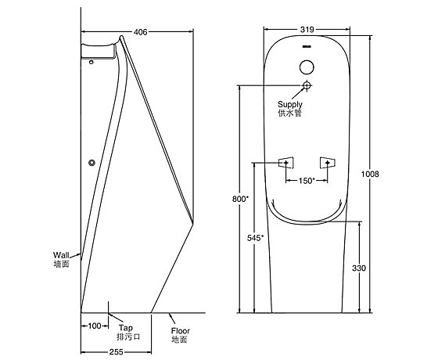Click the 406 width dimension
[x=140, y=32]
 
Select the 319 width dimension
[x=307, y=30]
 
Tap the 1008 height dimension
[x=370, y=174]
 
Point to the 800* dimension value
[x=240, y=199]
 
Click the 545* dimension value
[x=255, y=238]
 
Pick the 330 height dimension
[x=359, y=268]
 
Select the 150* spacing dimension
[x=307, y=181]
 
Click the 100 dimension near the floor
[x=95, y=326]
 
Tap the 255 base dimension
[x=116, y=351]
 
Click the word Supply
[x=290, y=105]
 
